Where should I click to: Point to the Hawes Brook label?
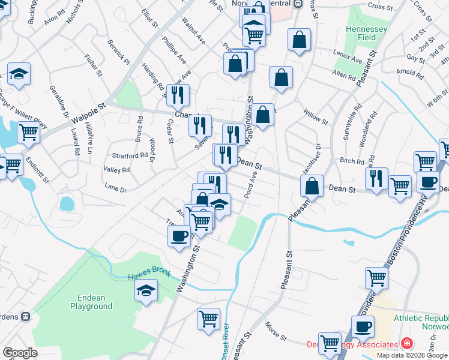149,275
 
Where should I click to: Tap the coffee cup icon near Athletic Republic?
362,327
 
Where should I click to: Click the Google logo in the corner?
20,352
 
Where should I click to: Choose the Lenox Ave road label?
348,61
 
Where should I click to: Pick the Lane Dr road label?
115,189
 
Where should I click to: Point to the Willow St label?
316,118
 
